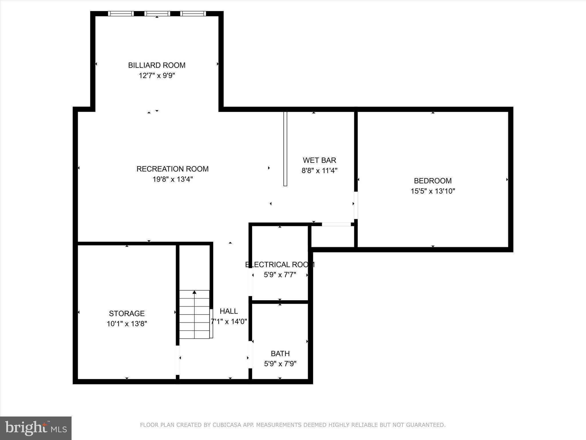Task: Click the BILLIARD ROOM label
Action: [157, 65]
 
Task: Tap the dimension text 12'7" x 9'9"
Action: [157, 76]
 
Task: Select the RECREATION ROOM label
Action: [172, 169]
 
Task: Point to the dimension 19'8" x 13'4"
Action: [172, 179]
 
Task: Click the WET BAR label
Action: [319, 160]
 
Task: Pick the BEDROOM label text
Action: [433, 181]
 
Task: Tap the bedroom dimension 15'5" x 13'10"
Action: [433, 191]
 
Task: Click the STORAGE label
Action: [127, 313]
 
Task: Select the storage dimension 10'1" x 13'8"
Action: [127, 324]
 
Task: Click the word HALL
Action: [229, 311]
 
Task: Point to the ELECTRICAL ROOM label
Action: [280, 264]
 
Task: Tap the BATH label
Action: [280, 353]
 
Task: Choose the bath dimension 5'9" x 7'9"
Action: [280, 364]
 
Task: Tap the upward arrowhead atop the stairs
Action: [195, 292]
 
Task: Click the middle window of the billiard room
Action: [157, 13]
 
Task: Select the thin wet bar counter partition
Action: [285, 149]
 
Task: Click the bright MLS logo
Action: [36, 428]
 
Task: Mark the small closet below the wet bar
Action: [332, 236]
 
